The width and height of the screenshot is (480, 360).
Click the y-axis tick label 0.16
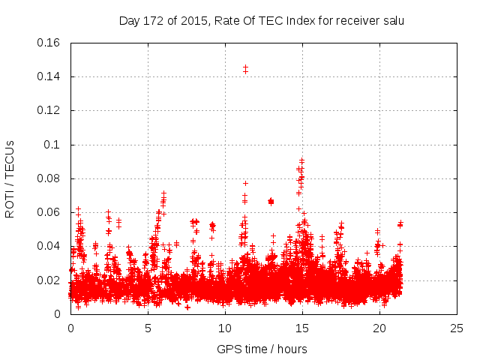click(x=50, y=43)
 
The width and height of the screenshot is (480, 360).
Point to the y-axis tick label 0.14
click(x=50, y=76)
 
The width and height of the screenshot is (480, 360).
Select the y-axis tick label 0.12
click(x=50, y=110)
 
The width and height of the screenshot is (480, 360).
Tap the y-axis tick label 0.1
click(x=53, y=145)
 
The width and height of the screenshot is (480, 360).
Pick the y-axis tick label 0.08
click(x=50, y=178)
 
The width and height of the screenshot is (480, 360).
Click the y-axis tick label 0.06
click(x=50, y=212)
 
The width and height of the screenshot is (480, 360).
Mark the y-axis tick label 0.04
click(x=50, y=246)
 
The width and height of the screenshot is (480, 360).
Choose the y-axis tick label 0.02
click(x=50, y=280)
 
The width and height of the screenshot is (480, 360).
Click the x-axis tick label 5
click(x=148, y=328)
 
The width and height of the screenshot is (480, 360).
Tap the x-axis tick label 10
click(x=225, y=328)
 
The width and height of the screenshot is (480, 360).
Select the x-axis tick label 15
click(x=302, y=328)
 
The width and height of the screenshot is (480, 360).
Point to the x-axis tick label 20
click(x=379, y=328)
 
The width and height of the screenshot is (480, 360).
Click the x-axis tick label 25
click(x=457, y=328)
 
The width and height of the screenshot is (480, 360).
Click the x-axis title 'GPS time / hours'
click(x=262, y=349)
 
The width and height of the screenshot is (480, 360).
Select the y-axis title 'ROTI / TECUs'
click(x=10, y=178)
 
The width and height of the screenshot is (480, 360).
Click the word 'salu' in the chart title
click(x=392, y=21)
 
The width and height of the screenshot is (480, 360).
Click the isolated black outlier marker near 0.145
click(x=245, y=70)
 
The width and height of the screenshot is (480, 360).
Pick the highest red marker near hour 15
click(x=301, y=160)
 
